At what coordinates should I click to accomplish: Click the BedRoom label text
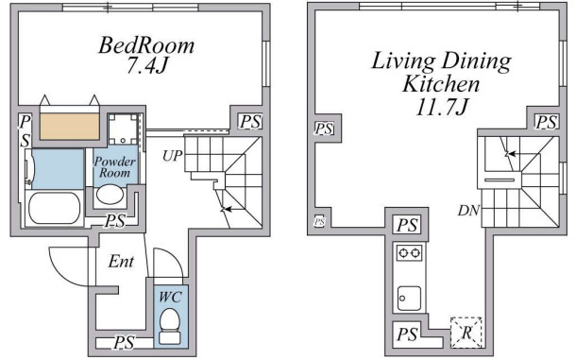pos(146,45)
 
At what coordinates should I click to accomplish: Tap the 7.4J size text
pos(146,66)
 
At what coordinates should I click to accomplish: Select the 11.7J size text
pos(442,107)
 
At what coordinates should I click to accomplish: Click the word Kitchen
pos(441,84)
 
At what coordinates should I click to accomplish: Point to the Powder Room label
pos(114,166)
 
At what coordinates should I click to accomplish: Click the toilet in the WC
pos(170,326)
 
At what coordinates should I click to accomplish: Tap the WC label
pos(170,297)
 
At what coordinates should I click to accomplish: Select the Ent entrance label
pos(121,262)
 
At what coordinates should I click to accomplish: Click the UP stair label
pos(172,156)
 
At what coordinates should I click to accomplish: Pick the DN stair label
pos(468,211)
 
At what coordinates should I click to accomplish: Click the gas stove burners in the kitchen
pos(409,253)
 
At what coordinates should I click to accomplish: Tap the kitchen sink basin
pos(409,299)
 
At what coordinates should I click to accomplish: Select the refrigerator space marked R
pos(466,333)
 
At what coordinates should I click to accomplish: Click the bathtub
pos(55,208)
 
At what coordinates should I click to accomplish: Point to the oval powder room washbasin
pos(110,194)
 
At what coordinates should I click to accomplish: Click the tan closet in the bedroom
pos(70,127)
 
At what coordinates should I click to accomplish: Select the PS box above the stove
pos(407,225)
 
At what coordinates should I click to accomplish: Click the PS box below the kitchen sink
pos(407,334)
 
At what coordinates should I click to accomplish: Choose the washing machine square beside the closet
pos(123,129)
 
